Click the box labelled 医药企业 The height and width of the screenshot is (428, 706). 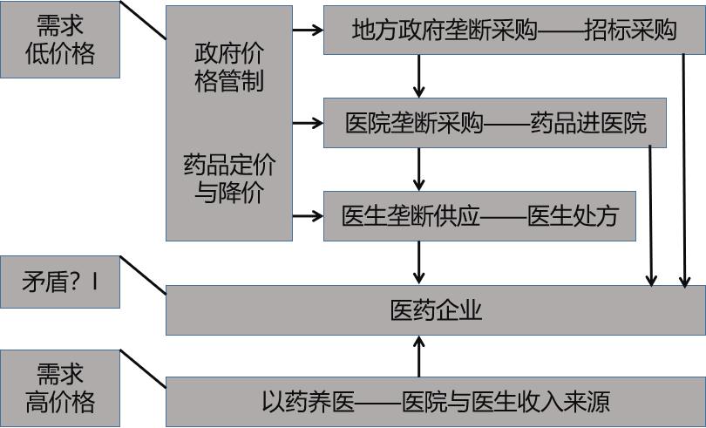tap(435, 310)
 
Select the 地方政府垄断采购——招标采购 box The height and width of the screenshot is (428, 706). tap(513, 31)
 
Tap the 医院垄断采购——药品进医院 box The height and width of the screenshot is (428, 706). tap(495, 123)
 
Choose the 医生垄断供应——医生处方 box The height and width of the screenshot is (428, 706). tap(479, 215)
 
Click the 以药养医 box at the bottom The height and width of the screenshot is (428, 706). tap(435, 401)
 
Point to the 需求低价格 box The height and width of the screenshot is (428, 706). tap(59, 40)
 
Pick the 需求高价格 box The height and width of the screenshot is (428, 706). tap(59, 388)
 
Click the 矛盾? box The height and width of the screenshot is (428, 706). tap(59, 282)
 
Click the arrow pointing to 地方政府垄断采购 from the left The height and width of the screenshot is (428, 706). tap(308, 30)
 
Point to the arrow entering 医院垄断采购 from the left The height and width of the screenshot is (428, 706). tap(308, 123)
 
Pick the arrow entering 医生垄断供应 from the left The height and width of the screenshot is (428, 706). tap(308, 215)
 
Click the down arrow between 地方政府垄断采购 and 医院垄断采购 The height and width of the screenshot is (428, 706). tap(419, 77)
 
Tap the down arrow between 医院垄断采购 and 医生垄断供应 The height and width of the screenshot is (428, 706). tap(419, 169)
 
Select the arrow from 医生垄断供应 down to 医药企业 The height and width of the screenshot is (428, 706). tap(419, 262)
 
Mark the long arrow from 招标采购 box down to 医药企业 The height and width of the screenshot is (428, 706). tap(685, 174)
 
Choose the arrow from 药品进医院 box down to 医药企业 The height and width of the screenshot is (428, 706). tap(650, 218)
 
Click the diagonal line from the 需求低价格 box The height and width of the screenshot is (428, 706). tap(142, 20)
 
